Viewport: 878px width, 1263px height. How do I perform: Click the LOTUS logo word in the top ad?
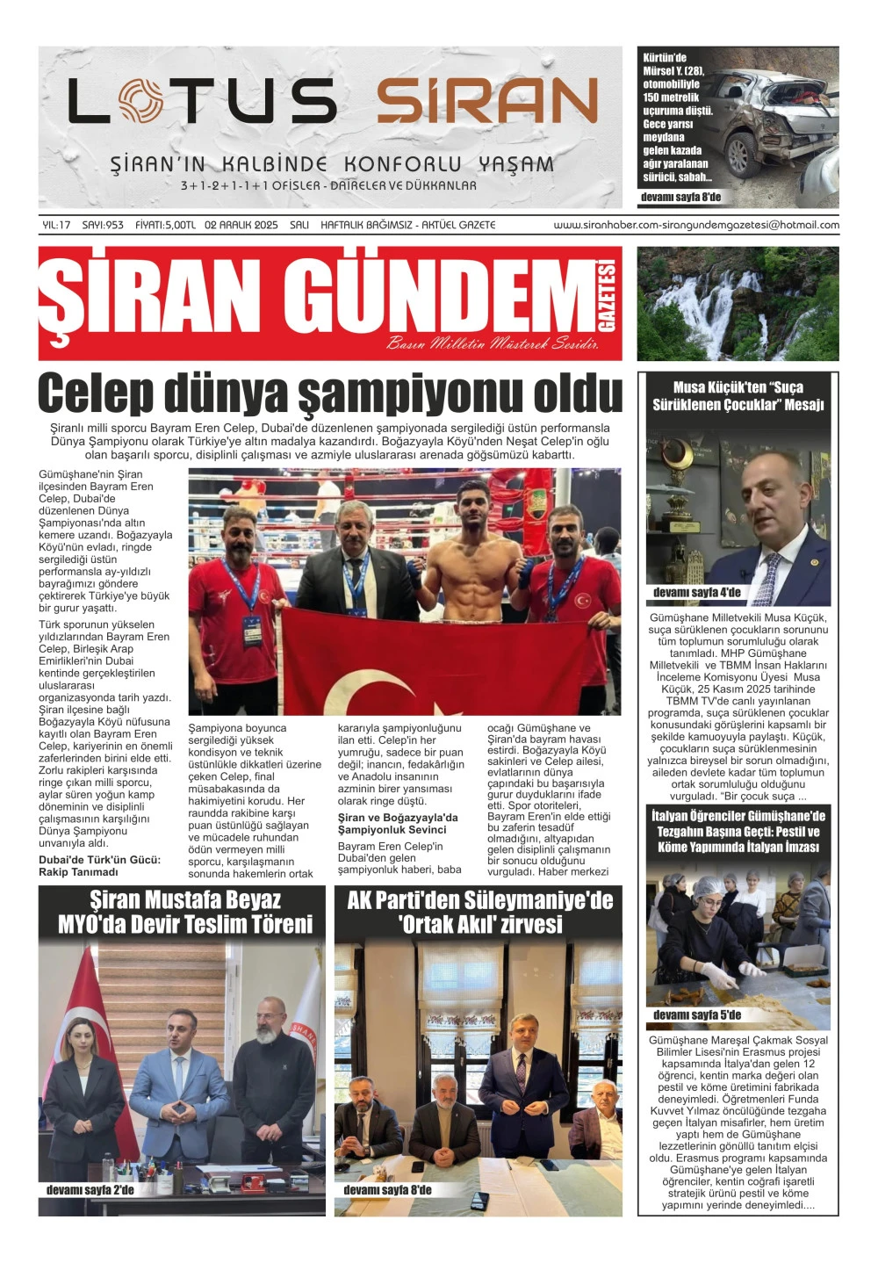(202, 100)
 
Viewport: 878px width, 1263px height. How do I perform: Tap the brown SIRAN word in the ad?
(487, 101)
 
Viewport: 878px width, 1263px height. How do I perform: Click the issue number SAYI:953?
(103, 225)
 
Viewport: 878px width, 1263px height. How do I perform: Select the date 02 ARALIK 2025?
(241, 225)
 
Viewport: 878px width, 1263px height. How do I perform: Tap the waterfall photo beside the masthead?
(738, 303)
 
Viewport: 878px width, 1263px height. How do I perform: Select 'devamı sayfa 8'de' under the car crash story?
(680, 198)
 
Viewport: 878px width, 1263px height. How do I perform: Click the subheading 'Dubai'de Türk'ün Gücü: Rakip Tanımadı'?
(99, 866)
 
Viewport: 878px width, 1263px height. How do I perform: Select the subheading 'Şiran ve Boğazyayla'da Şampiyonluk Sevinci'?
(398, 823)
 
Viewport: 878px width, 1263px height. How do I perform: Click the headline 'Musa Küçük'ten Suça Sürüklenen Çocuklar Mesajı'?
(738, 396)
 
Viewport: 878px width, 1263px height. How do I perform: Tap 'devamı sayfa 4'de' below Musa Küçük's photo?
(696, 593)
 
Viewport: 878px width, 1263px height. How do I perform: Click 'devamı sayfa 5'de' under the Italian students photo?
(696, 1015)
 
